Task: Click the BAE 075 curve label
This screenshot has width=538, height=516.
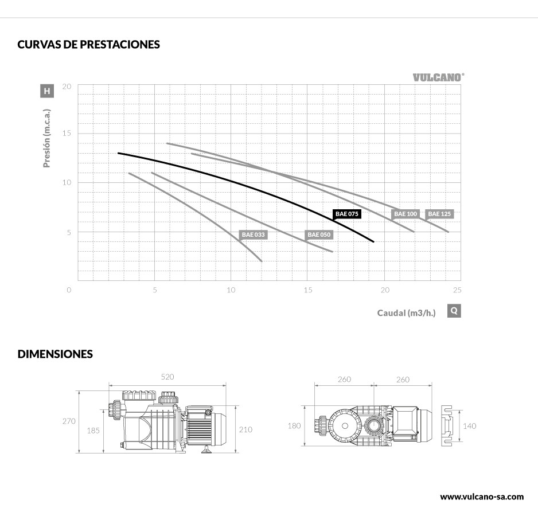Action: pos(347,214)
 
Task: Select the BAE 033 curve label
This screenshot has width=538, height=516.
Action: pos(254,234)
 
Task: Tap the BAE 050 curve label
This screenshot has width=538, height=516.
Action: pos(319,234)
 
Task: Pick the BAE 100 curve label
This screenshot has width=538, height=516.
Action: pos(406,214)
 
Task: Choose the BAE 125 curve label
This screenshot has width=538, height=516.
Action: pos(440,214)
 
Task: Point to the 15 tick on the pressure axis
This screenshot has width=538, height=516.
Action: pos(67,134)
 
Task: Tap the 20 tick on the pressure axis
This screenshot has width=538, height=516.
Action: pos(67,87)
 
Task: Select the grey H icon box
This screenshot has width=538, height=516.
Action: pos(47,91)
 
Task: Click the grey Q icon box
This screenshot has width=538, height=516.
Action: pos(454,311)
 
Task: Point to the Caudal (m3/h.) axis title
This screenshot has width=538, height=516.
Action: pos(406,312)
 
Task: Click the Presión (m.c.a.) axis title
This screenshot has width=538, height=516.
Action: pos(47,138)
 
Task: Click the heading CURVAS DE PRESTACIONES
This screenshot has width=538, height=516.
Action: pos(89,45)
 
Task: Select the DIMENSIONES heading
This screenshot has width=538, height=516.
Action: pos(55,354)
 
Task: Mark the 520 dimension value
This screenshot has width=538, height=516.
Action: pos(167,377)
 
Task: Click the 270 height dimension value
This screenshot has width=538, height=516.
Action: pos(69,421)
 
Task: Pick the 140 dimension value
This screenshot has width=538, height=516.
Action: pos(469,425)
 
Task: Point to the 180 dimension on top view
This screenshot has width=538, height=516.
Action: pos(294,425)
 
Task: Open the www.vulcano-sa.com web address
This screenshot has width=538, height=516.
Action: pos(481,497)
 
